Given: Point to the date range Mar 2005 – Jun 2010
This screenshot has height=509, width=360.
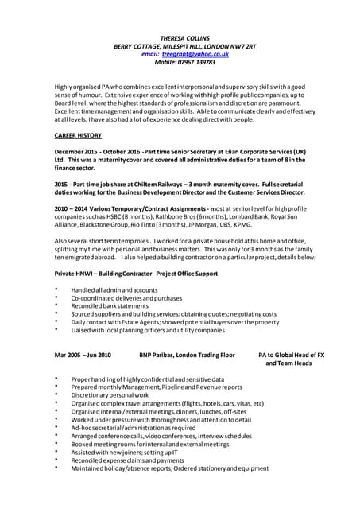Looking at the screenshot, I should [x=83, y=354].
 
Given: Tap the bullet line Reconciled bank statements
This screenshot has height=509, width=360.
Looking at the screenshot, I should [x=110, y=305].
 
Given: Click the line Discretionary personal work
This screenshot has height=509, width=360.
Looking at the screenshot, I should [x=110, y=394].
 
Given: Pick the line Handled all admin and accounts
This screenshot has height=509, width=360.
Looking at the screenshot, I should [x=114, y=289].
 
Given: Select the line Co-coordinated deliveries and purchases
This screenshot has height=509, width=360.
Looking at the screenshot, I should [x=126, y=297].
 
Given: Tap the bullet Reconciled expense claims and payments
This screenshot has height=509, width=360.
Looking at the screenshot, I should [x=127, y=460].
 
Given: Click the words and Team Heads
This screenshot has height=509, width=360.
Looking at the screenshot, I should [x=288, y=363].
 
